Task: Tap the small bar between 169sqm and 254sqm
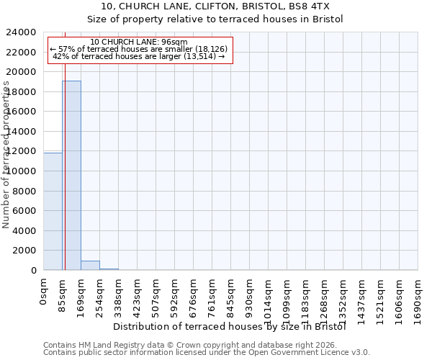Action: [90, 265]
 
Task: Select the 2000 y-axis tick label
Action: [24, 251]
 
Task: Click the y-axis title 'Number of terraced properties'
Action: [6, 155]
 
